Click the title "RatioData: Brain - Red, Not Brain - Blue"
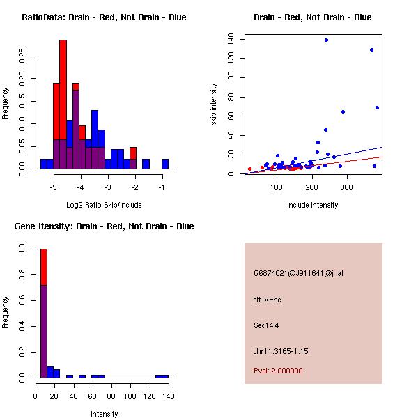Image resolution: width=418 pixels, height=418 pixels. [x=104, y=17]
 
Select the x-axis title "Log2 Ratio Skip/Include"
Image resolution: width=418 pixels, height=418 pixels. [x=103, y=205]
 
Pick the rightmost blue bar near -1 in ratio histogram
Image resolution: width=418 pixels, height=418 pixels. [x=165, y=164]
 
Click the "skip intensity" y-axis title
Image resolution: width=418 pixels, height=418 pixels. [x=215, y=104]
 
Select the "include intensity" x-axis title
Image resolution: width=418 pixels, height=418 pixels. [x=312, y=205]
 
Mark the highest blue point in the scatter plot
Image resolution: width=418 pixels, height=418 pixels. [x=326, y=40]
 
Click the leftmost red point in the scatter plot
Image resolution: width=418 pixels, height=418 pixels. [x=249, y=169]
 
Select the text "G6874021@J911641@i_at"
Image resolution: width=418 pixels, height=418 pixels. [x=298, y=273]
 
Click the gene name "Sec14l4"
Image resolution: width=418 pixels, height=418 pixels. [x=266, y=325]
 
